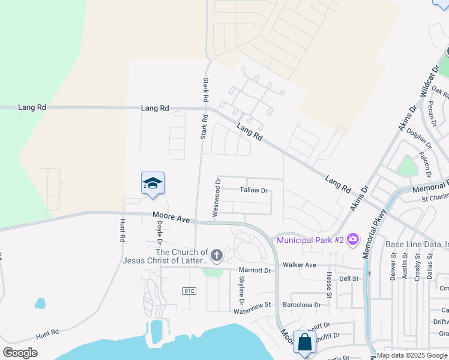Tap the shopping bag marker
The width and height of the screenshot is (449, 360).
(x=304, y=343)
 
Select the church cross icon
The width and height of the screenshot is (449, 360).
(x=216, y=256)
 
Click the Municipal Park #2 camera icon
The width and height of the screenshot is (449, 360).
(x=352, y=240)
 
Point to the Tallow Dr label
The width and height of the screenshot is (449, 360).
(x=253, y=190)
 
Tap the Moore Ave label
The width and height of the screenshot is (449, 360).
(x=171, y=217)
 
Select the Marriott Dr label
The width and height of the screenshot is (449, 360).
(x=255, y=270)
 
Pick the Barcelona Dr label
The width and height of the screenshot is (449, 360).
(x=301, y=305)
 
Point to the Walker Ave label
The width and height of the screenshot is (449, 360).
(x=300, y=265)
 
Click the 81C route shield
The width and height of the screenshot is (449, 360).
(x=190, y=291)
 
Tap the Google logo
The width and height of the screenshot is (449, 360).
(x=20, y=353)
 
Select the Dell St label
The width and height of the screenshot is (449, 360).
(x=349, y=279)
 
